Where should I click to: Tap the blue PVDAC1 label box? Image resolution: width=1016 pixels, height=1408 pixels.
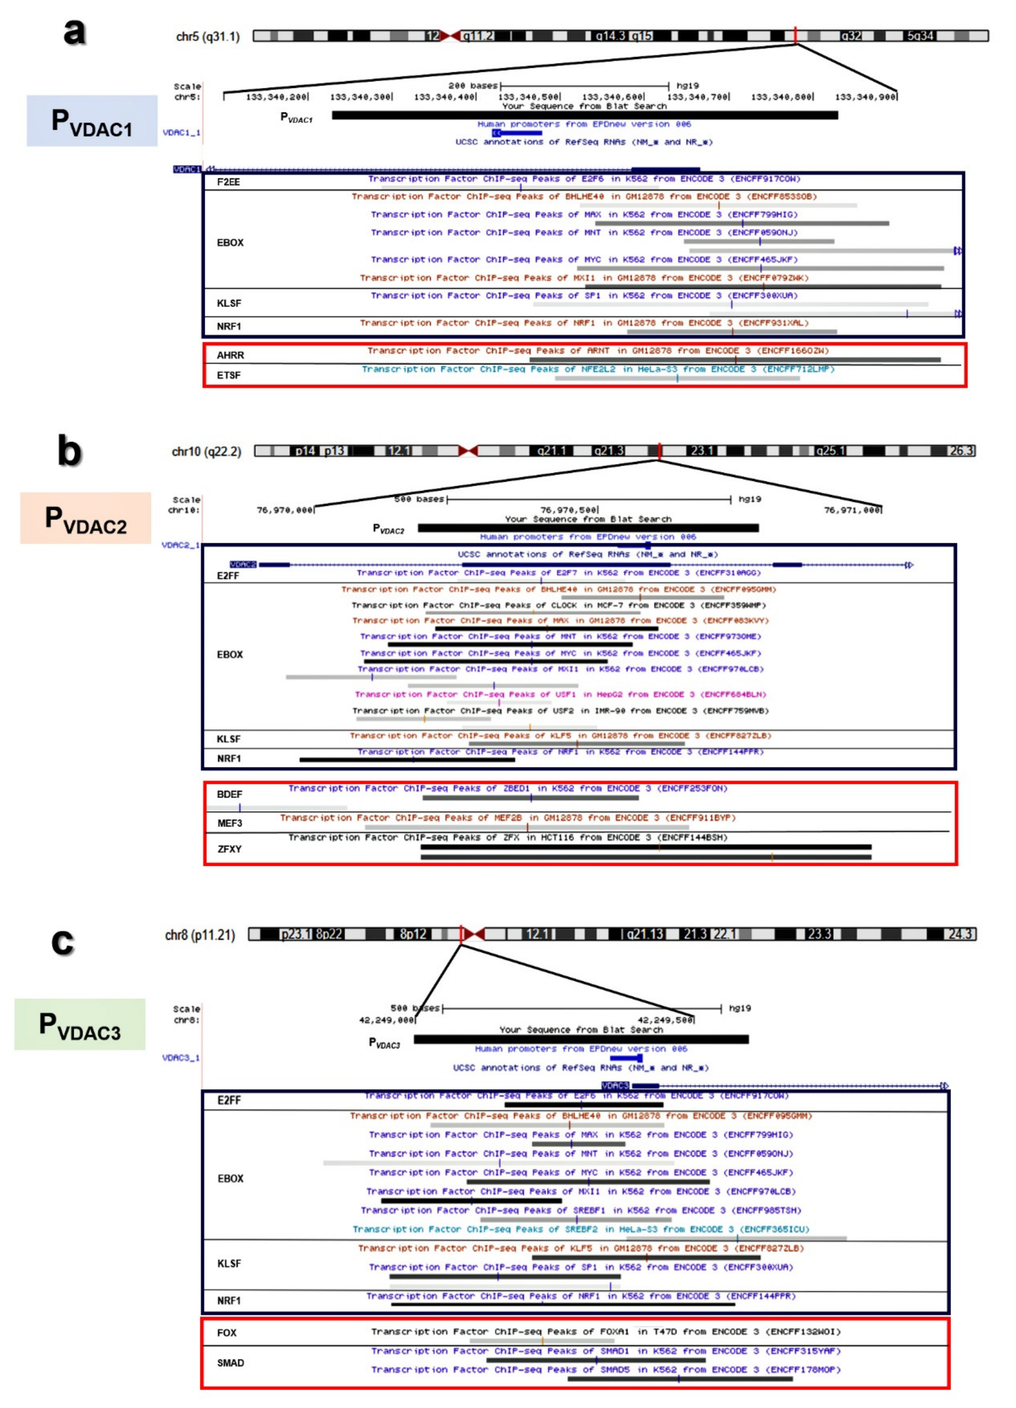tap(92, 121)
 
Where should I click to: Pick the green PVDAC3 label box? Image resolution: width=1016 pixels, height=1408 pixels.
tap(80, 1024)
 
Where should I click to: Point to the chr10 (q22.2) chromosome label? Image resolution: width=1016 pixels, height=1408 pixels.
tap(206, 451)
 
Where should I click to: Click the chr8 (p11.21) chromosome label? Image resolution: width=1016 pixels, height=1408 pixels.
tap(200, 935)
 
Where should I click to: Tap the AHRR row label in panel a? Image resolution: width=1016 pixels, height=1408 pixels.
tap(230, 355)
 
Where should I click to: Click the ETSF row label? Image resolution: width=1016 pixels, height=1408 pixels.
tap(229, 375)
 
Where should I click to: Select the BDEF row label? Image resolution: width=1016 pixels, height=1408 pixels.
tap(229, 794)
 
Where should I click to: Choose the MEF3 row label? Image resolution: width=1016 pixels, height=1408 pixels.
tap(229, 823)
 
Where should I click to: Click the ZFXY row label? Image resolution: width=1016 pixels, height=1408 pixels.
tap(229, 848)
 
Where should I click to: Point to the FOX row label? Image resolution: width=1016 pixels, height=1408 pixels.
tap(227, 1332)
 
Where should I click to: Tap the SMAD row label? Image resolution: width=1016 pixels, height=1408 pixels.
tap(230, 1363)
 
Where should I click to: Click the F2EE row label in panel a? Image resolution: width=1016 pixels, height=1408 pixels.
tap(229, 182)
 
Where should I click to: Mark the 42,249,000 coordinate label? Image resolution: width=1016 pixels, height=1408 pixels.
tap(386, 1020)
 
